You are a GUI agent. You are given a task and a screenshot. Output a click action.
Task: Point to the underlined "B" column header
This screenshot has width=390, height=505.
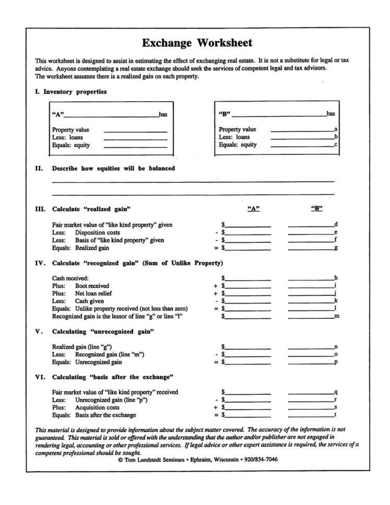(x=317, y=209)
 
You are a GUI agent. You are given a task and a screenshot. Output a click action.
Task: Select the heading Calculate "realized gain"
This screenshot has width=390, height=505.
(x=91, y=209)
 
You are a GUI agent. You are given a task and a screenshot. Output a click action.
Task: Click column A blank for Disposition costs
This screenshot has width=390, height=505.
(x=248, y=233)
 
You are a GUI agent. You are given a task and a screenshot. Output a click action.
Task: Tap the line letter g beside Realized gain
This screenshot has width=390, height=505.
(x=336, y=248)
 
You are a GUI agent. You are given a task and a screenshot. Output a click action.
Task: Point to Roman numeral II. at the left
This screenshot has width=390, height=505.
(x=38, y=168)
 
